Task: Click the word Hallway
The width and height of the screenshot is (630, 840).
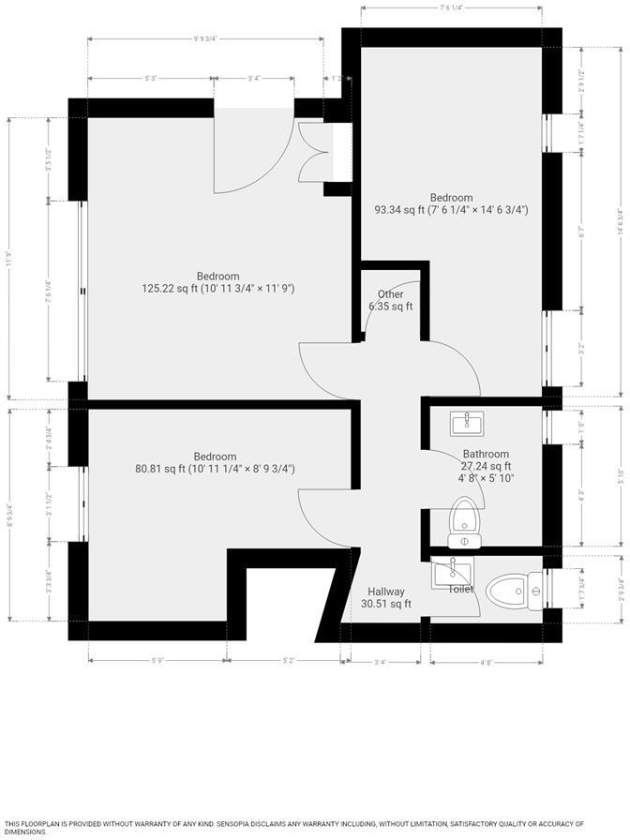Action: (x=386, y=592)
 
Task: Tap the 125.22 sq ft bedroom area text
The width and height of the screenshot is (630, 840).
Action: (x=217, y=289)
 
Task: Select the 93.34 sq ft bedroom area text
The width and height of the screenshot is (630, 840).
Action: (x=451, y=210)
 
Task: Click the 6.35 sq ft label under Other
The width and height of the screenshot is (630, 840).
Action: (x=391, y=307)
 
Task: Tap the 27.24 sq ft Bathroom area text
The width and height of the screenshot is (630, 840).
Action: (x=485, y=466)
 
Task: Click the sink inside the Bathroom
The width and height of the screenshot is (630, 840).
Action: (x=465, y=425)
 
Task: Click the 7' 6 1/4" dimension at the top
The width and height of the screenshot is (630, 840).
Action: (x=451, y=7)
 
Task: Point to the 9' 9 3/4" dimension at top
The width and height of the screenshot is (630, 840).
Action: (x=204, y=39)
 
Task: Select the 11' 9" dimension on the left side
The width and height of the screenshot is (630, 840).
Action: (x=9, y=258)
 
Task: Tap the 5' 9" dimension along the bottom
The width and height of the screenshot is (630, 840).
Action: (x=156, y=661)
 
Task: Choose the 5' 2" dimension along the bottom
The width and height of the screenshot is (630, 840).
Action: (x=291, y=661)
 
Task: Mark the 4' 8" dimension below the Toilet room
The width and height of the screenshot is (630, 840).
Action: (x=486, y=661)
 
